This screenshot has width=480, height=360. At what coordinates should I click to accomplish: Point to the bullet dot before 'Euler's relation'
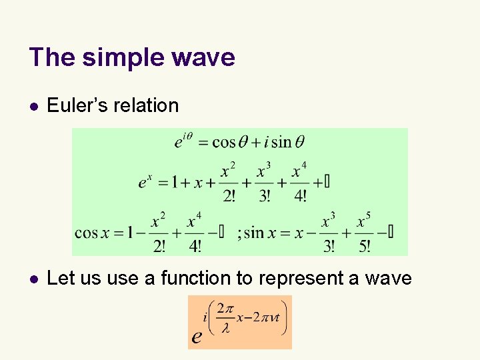[33, 106]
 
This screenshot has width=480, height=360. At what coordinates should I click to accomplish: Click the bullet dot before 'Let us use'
[33, 279]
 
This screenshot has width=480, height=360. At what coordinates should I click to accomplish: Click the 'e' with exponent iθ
[179, 143]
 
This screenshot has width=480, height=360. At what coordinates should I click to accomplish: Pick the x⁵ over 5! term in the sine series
[363, 233]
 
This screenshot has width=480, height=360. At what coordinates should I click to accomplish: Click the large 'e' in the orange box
[197, 336]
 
